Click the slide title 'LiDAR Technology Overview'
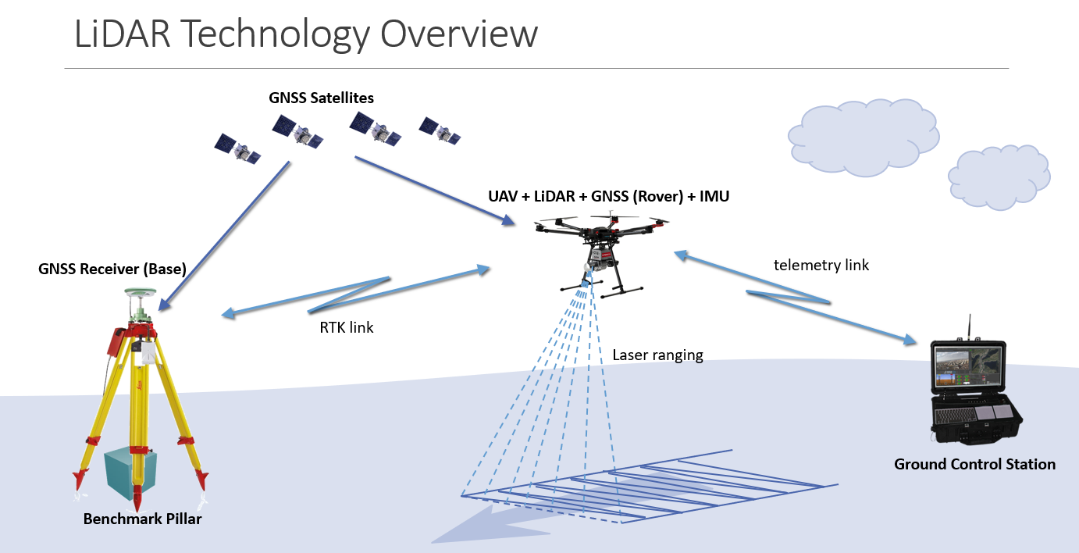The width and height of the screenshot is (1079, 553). (305, 34)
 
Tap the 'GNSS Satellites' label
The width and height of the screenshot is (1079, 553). (321, 98)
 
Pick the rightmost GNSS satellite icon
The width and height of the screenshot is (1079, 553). (439, 130)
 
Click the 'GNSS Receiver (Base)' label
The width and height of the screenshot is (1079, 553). (112, 269)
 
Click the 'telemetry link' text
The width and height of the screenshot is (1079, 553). (821, 265)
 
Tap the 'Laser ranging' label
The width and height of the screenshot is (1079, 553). (657, 355)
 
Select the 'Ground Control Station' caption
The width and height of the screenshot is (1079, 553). (974, 465)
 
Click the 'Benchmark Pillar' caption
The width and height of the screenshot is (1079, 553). (142, 519)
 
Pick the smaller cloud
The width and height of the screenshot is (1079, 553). (999, 176)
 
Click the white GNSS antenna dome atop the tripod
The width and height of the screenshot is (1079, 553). (141, 294)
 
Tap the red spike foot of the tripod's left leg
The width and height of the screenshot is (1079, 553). (79, 479)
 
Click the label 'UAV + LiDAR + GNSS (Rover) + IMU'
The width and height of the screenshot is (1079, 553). (608, 196)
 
